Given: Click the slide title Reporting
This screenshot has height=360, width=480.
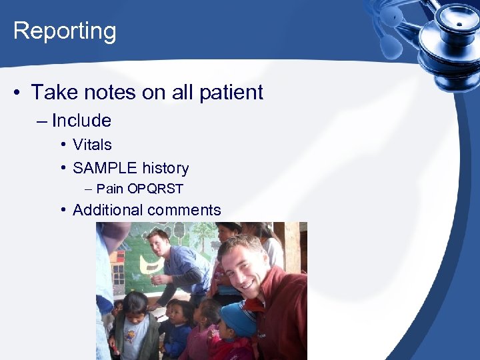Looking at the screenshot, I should click(65, 31).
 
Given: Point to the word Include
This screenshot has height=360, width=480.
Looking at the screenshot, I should click(81, 121).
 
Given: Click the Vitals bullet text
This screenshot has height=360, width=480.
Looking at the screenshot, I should click(92, 145).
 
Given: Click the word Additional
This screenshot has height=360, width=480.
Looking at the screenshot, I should click(108, 210).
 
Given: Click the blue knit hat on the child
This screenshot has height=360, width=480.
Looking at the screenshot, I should click(238, 319).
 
